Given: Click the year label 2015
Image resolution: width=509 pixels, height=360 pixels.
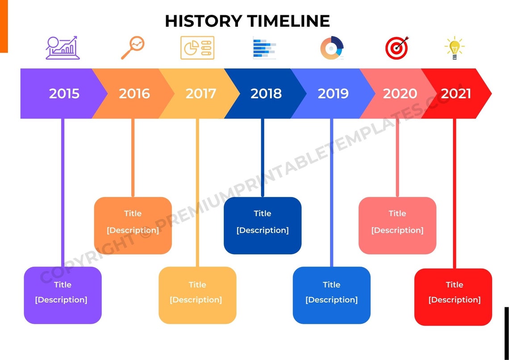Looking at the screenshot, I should coord(64,93).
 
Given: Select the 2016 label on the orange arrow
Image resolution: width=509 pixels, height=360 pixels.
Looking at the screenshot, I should coord(134,93).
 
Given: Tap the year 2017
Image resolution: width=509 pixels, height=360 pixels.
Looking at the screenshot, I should coord(200,93).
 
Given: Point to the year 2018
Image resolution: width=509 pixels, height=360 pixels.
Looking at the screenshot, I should coord(266,93).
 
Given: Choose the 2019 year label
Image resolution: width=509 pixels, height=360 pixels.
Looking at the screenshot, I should coord(333,93).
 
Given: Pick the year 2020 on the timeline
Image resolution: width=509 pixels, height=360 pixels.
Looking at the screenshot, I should coord(400,93).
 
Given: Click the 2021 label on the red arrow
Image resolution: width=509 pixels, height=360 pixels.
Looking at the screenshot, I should coord(456,93).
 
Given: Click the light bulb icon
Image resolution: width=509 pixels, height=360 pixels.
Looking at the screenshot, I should coord(455,48).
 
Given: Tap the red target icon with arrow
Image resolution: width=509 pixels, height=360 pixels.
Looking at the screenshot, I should coord(396,48).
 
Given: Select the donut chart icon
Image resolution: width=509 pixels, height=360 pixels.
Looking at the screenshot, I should coord(332,48).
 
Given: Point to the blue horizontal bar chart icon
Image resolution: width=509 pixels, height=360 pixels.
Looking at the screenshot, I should coord(264,48).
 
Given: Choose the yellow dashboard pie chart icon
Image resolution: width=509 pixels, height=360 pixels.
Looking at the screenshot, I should coord(197,48).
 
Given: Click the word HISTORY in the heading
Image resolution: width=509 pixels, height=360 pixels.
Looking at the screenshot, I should coord(203,21).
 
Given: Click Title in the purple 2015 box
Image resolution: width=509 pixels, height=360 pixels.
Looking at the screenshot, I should coord(63,285).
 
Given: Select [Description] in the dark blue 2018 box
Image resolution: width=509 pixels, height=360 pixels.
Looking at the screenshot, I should coord(263,230).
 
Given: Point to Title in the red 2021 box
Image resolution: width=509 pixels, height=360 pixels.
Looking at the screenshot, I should coord(455,285).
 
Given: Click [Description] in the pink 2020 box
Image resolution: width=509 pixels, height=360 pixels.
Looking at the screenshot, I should coord(397,230).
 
